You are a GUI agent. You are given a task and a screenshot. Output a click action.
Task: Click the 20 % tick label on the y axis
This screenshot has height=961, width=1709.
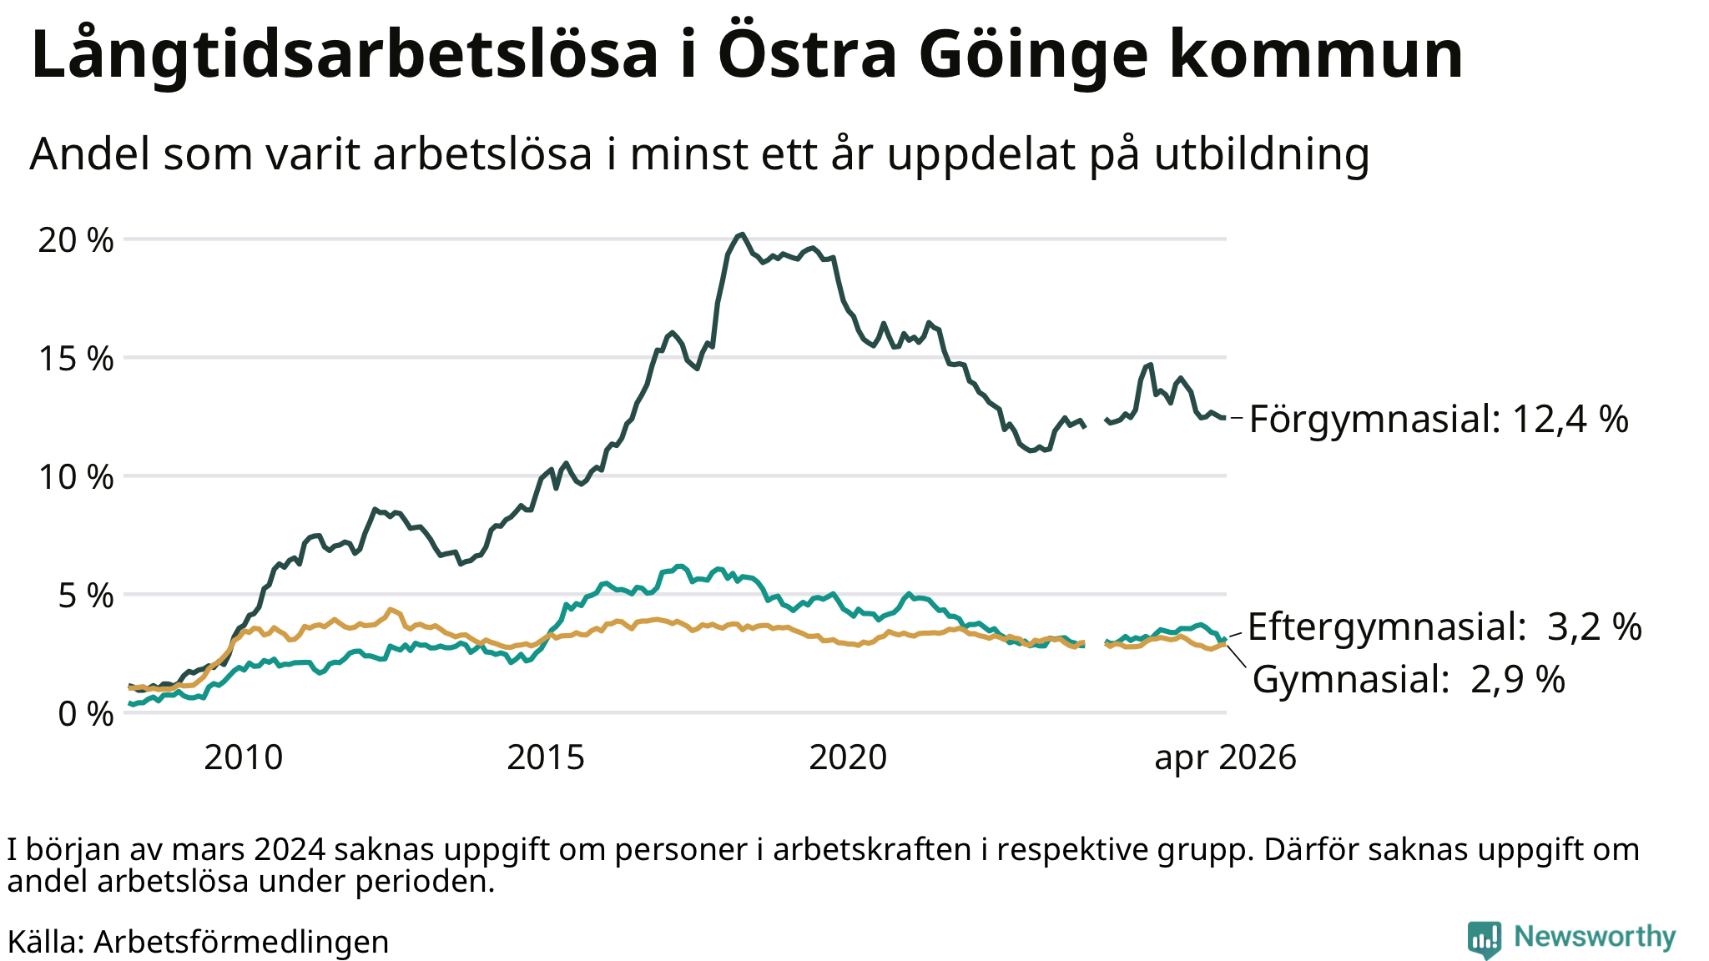[x=76, y=240]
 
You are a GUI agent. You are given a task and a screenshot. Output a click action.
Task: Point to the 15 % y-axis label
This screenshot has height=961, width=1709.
[x=76, y=359]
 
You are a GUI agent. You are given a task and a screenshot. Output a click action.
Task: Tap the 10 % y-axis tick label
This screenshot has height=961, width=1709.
[x=76, y=477]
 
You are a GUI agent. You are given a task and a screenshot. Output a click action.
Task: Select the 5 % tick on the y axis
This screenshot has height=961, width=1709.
[x=86, y=596]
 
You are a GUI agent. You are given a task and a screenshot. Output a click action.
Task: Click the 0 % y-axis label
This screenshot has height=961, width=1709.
[x=86, y=714]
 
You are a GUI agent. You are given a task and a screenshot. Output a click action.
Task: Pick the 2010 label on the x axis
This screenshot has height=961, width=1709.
[x=244, y=757]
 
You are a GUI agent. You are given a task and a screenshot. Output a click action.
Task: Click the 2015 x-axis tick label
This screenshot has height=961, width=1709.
[x=547, y=757]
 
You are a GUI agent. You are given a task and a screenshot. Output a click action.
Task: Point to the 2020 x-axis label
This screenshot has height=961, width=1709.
[x=849, y=757]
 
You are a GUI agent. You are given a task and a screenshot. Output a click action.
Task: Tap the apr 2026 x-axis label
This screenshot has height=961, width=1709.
[x=1226, y=758]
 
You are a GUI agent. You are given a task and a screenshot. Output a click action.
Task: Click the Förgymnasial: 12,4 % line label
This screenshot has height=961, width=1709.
[x=1439, y=419]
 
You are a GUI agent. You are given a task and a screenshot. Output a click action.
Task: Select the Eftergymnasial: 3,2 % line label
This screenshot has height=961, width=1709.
[x=1444, y=626]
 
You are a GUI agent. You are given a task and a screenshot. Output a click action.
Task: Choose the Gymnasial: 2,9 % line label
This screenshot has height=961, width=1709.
[x=1409, y=679]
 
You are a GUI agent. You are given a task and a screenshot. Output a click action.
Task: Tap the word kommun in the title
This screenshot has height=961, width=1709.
[x=1316, y=55]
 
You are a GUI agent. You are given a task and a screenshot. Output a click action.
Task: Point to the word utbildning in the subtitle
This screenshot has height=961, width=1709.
[x=1263, y=153]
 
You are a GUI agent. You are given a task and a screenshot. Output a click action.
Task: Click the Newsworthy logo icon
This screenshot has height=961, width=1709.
[x=1484, y=939]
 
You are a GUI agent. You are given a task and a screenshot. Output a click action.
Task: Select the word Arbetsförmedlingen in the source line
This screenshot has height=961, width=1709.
[x=241, y=942]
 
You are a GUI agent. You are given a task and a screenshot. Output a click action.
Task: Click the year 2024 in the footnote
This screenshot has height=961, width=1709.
[x=289, y=849]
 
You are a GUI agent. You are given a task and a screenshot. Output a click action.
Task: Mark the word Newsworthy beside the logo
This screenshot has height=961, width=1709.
[x=1595, y=937]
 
